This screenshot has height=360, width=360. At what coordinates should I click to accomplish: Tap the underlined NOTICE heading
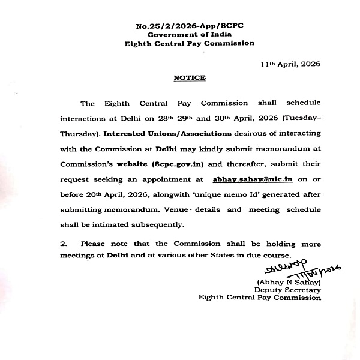tap(190, 78)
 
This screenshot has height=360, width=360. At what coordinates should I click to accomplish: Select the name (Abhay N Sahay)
tap(289, 282)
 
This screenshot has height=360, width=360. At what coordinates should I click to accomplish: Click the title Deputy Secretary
tap(287, 290)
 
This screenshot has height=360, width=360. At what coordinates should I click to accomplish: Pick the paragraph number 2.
tap(63, 244)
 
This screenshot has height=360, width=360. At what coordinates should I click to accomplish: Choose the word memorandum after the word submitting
tap(130, 210)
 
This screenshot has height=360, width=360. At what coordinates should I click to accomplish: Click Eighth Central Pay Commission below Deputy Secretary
tap(260, 298)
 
